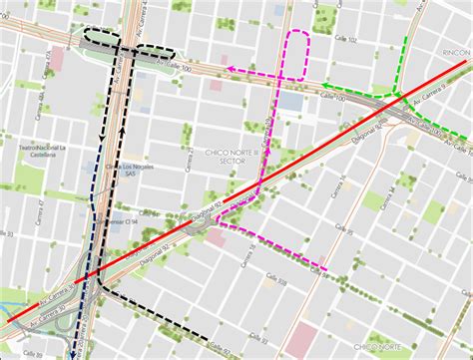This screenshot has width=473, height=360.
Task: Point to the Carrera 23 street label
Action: tap(190, 160)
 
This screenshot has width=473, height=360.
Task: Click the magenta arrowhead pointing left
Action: tap(228, 69)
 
